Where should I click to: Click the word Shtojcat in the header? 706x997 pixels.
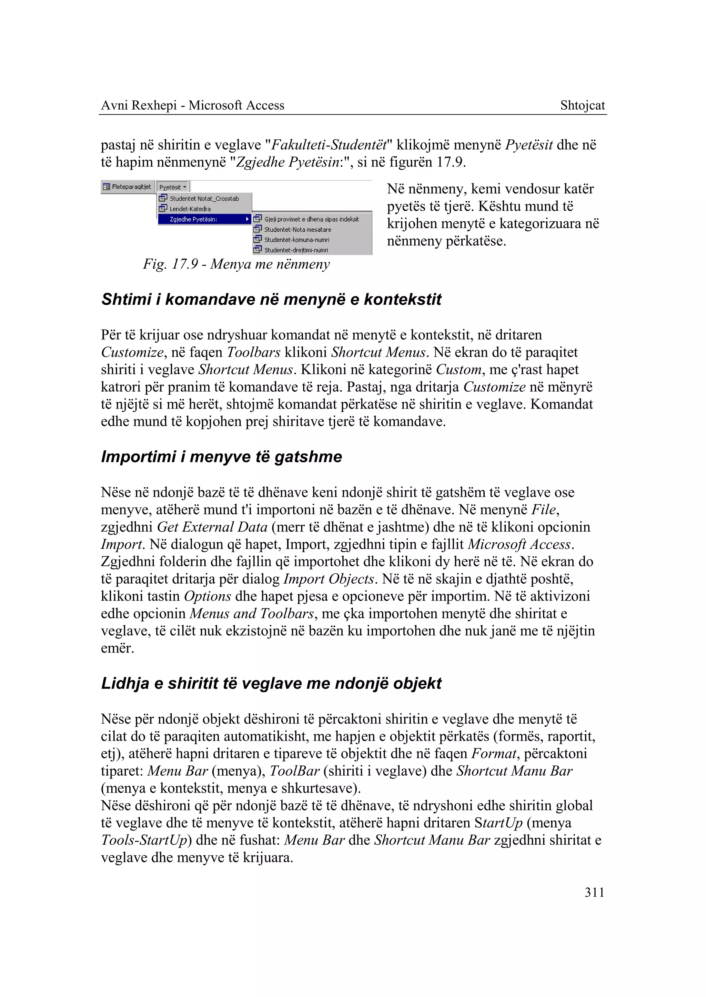pyautogui.click(x=582, y=105)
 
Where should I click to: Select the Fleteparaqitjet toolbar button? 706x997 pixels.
pyautogui.click(x=127, y=187)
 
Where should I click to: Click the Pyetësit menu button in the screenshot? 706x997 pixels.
pyautogui.click(x=172, y=187)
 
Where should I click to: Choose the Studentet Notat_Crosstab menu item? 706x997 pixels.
pyautogui.click(x=204, y=199)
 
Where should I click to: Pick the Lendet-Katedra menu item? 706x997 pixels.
pyautogui.click(x=190, y=209)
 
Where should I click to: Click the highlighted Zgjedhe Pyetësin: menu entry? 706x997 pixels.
pyautogui.click(x=193, y=219)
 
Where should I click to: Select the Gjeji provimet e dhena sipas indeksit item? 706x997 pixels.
pyautogui.click(x=311, y=219)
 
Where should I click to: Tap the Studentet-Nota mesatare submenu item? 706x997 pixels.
pyautogui.click(x=297, y=230)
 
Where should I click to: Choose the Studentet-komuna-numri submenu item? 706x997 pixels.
pyautogui.click(x=296, y=240)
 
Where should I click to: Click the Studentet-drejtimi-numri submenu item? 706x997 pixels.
pyautogui.click(x=296, y=250)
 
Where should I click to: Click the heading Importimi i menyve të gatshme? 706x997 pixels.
pyautogui.click(x=221, y=456)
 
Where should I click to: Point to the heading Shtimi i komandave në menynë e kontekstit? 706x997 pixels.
pyautogui.click(x=271, y=299)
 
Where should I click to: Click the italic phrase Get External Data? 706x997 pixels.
pyautogui.click(x=212, y=527)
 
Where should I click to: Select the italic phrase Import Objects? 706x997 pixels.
pyautogui.click(x=329, y=579)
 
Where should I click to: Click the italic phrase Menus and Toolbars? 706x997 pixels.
pyautogui.click(x=252, y=614)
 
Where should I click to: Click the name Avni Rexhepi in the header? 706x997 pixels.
pyautogui.click(x=139, y=105)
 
